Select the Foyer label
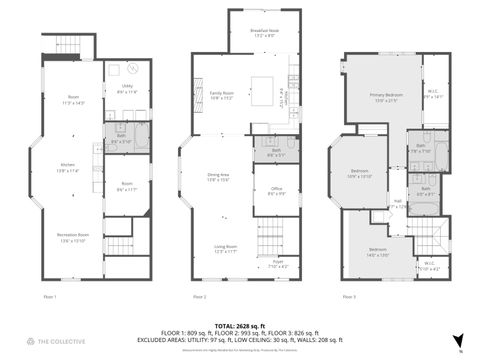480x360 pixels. tap(278, 265)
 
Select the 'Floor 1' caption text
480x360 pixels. tap(50, 297)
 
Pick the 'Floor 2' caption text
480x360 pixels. tap(199, 297)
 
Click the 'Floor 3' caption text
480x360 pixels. tap(348, 297)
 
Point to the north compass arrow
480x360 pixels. tap(459, 340)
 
